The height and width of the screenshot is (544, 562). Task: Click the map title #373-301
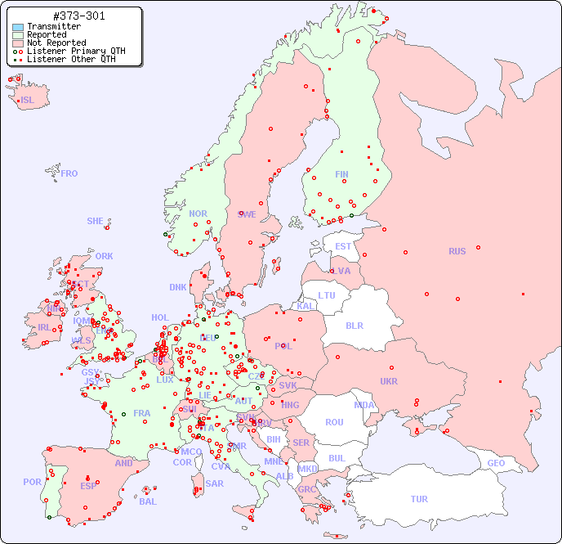(x=78, y=16)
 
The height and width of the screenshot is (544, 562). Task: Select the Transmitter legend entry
(x=53, y=27)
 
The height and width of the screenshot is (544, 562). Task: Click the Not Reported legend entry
(x=56, y=43)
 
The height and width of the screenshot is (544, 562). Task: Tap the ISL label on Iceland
(x=28, y=101)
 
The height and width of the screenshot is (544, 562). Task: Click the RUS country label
(x=457, y=251)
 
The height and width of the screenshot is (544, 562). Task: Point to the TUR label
(x=419, y=499)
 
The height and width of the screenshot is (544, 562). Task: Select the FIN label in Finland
(x=341, y=174)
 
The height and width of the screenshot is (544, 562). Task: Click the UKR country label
(x=389, y=381)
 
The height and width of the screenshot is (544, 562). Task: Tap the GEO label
(x=496, y=463)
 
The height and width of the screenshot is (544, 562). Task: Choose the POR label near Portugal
(x=32, y=482)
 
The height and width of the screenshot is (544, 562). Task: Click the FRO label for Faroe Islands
(x=69, y=173)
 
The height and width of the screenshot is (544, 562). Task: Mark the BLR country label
(x=354, y=325)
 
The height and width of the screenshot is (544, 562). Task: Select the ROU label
(x=334, y=422)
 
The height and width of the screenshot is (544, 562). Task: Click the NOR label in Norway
(x=198, y=214)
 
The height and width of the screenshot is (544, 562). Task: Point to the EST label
(x=343, y=246)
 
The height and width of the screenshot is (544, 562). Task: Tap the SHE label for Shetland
(x=96, y=221)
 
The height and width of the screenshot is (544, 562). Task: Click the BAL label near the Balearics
(x=148, y=501)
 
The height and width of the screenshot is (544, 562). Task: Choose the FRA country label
(x=142, y=413)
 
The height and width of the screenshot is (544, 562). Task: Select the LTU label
(x=327, y=295)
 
